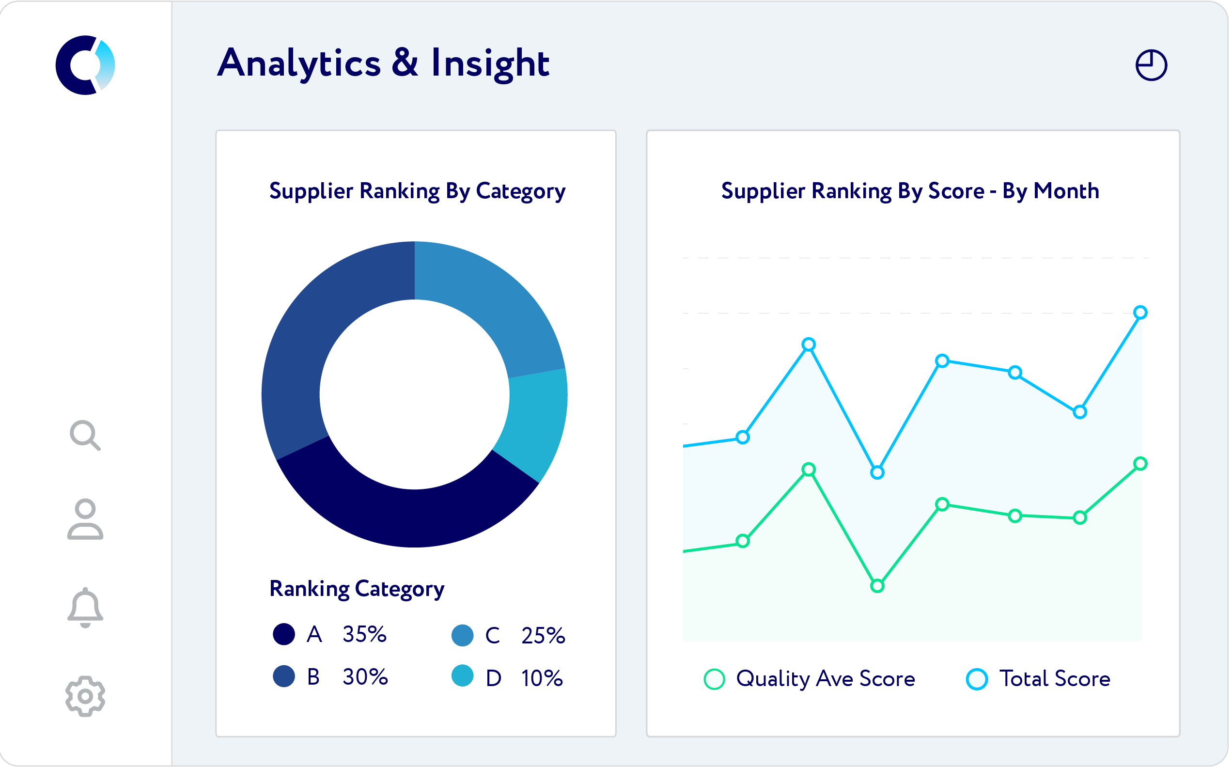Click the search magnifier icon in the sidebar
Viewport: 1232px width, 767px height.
pyautogui.click(x=85, y=435)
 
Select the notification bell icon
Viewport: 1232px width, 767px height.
pyautogui.click(x=85, y=608)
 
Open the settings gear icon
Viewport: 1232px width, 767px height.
pyautogui.click(x=85, y=696)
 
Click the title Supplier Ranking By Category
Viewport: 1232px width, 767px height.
pyautogui.click(x=417, y=191)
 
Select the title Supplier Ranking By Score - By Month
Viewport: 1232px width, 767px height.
pyautogui.click(x=910, y=191)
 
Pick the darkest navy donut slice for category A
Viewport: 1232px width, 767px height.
pyautogui.click(x=406, y=512)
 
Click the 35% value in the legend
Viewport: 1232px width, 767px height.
pyautogui.click(x=364, y=634)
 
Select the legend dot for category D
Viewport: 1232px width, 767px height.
pyautogui.click(x=462, y=676)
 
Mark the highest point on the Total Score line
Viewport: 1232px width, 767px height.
pyautogui.click(x=1140, y=313)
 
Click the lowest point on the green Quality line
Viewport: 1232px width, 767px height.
pyautogui.click(x=877, y=586)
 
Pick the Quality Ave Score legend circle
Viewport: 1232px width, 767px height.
pyautogui.click(x=714, y=679)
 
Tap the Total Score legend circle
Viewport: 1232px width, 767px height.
pyautogui.click(x=976, y=679)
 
